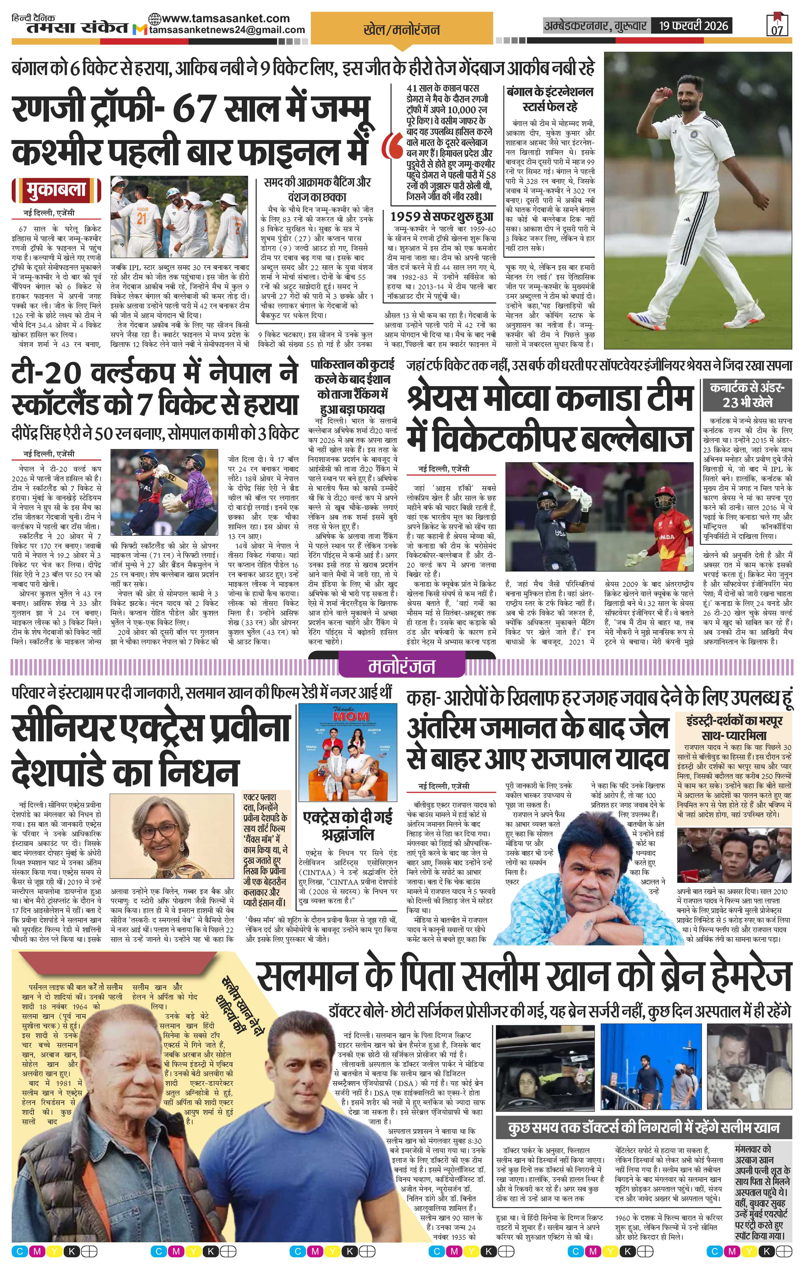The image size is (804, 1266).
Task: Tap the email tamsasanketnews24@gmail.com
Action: (227, 30)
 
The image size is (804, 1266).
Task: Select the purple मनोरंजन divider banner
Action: (402, 667)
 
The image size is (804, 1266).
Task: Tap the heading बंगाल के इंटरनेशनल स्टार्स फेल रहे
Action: (549, 99)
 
